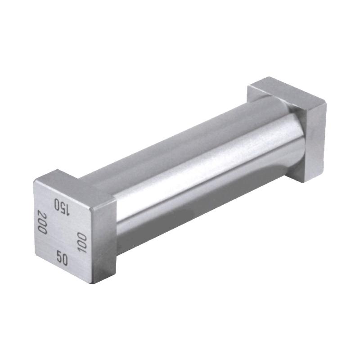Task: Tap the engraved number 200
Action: pos(42,221)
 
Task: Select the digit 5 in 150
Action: pos(62,206)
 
